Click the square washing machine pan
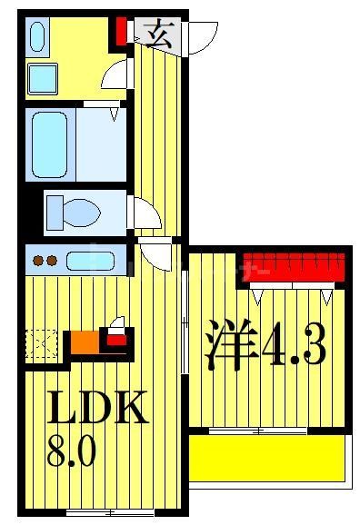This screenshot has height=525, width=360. [41, 78]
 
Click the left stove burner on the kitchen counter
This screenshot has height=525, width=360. [39, 262]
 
